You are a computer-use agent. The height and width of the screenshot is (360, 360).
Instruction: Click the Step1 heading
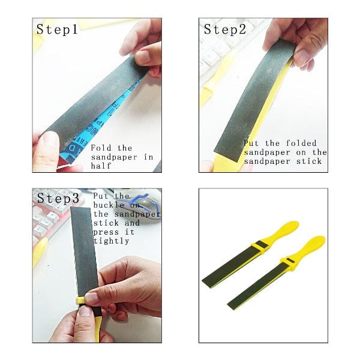point(57,29)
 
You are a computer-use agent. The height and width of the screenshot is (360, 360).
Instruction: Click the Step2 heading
point(225,29)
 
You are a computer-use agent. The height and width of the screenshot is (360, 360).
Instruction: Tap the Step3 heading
point(58,199)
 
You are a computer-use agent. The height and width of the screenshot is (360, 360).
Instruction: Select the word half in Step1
point(101,166)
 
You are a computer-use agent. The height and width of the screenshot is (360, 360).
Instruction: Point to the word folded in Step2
point(301,143)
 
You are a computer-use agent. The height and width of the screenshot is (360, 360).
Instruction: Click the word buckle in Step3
point(109,205)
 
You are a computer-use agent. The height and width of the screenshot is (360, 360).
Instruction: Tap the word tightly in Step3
point(112,241)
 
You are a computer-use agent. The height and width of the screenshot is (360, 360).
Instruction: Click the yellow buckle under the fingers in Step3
point(81,301)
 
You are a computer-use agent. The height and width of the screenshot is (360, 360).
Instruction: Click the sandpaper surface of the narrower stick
point(257,286)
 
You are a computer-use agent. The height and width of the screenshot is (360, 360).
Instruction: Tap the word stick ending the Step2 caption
point(309,161)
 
